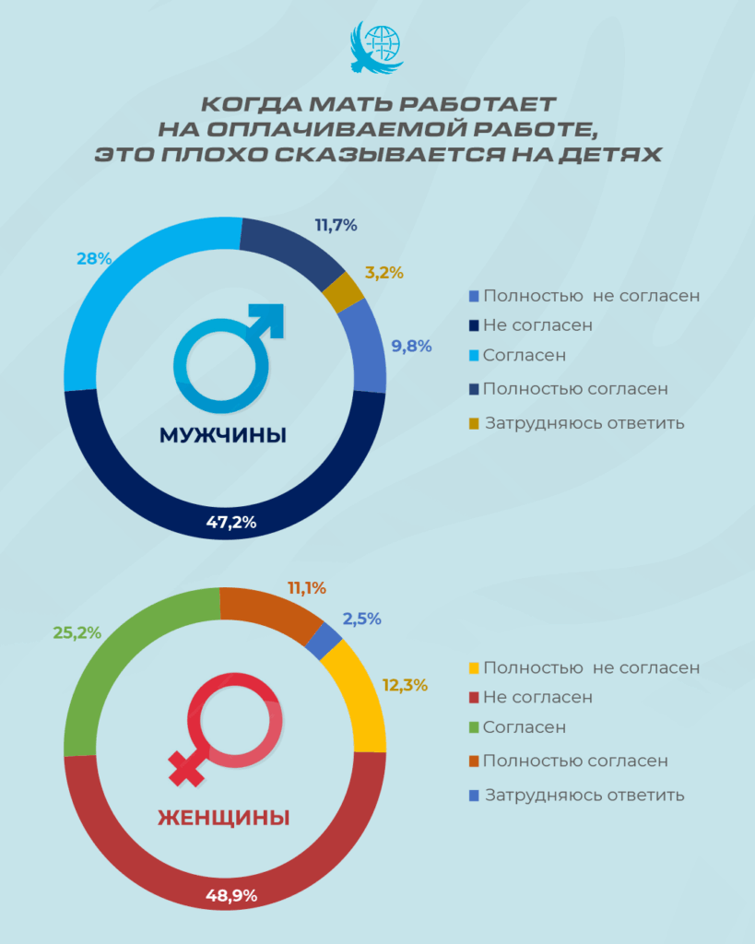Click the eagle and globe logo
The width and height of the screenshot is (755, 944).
(377, 50)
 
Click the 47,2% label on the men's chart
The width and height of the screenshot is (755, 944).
(230, 523)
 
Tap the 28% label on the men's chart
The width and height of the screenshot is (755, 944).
(94, 259)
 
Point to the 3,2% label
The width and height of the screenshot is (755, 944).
(384, 272)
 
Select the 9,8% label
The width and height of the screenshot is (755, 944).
(410, 346)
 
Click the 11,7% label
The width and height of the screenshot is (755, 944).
(336, 224)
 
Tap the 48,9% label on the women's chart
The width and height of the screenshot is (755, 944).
(230, 895)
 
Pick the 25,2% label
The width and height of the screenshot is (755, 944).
(77, 632)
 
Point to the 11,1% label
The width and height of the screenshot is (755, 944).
(307, 587)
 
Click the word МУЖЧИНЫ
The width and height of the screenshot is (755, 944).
(224, 435)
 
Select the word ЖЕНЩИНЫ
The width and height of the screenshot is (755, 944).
(224, 817)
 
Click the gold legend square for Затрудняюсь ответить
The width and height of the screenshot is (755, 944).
(474, 424)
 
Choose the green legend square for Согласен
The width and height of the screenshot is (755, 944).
(474, 728)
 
